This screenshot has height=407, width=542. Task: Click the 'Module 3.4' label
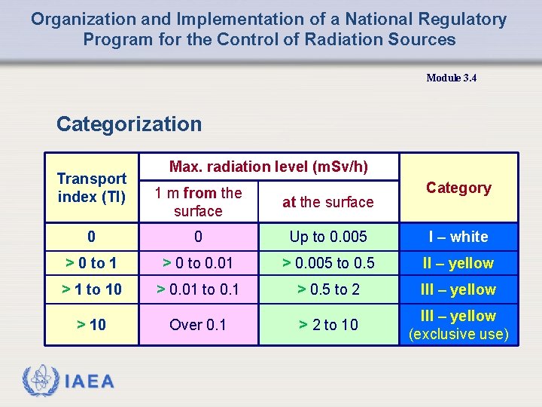click(x=451, y=78)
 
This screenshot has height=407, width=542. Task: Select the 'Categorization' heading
click(x=129, y=124)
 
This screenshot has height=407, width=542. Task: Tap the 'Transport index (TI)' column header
click(x=92, y=188)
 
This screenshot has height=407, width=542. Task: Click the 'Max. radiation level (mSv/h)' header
click(x=269, y=167)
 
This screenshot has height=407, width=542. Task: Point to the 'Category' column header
click(x=458, y=188)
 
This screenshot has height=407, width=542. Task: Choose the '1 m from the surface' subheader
click(x=198, y=202)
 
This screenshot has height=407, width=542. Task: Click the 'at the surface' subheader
click(x=327, y=202)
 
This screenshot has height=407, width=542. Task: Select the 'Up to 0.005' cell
click(x=328, y=237)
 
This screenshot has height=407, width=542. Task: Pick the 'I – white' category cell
click(x=458, y=237)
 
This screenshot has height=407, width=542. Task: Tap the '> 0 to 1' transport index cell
click(x=91, y=263)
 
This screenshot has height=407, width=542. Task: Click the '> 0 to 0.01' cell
click(x=198, y=263)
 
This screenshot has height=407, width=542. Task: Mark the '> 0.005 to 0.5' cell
click(x=328, y=263)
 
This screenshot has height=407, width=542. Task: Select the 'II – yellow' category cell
click(x=458, y=263)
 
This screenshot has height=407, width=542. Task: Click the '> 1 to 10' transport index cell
click(x=91, y=289)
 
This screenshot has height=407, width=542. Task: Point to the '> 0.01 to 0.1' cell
click(x=198, y=289)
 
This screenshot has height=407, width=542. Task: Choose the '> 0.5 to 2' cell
click(x=328, y=289)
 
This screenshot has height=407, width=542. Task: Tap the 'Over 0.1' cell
click(x=198, y=325)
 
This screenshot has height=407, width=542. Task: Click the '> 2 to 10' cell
click(x=328, y=325)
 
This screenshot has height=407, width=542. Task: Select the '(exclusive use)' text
click(x=458, y=334)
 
